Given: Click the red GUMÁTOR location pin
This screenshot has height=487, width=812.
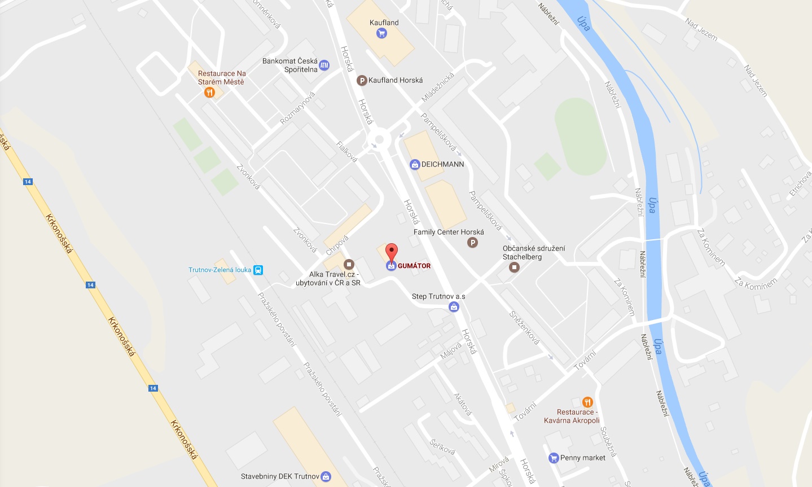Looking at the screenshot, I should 391,252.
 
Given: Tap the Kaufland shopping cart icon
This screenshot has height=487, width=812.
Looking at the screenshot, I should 381,33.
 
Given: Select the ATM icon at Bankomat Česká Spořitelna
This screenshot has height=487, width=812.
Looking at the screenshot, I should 324,65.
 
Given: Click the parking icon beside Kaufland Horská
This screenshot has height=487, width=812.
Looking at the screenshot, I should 362,81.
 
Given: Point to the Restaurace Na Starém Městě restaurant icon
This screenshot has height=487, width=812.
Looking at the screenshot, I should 210,93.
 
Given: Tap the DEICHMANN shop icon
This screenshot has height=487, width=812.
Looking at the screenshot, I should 415,164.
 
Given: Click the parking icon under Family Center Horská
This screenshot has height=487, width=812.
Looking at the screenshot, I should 473,243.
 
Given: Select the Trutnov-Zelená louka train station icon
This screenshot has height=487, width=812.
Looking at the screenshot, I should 258,270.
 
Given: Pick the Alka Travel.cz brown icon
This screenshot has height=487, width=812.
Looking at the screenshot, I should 349,264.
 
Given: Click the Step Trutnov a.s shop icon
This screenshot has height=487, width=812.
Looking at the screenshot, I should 454,307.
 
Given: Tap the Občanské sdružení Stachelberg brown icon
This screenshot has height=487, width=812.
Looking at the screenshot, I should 514,267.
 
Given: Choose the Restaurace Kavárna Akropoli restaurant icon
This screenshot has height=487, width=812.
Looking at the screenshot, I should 587,402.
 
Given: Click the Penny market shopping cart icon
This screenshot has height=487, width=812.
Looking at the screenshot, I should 554,458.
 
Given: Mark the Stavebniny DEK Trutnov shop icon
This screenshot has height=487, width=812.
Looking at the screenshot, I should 326,476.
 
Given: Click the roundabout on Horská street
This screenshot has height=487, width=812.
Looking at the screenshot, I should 379,139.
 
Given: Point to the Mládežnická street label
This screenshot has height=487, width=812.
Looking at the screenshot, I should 438,87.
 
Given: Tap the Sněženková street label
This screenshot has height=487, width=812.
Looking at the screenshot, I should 524,327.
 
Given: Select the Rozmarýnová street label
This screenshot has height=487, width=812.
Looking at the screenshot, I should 297,108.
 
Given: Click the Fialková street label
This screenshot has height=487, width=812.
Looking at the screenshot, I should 346,151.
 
